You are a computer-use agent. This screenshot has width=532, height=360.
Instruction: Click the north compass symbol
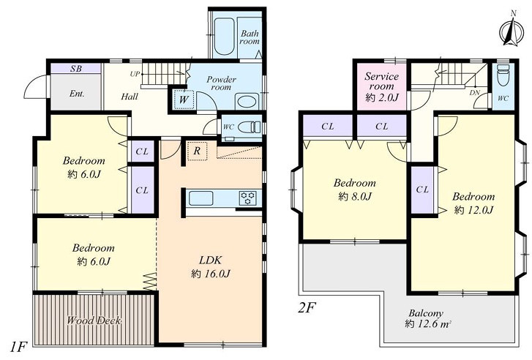512,30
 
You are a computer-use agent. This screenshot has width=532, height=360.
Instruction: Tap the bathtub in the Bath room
224,37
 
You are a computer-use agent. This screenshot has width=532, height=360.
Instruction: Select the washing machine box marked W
184,100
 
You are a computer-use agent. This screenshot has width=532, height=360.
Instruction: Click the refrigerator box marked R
197,151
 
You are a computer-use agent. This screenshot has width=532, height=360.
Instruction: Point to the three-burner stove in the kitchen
248,198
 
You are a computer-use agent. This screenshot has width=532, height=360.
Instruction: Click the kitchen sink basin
201,198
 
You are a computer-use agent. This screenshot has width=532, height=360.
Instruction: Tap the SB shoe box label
76,68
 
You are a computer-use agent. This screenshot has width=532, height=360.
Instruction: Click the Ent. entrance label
77,94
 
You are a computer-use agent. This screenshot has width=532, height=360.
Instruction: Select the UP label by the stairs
135,74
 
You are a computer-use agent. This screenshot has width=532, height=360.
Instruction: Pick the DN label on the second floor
475,92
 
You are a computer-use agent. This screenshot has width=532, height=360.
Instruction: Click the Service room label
381,81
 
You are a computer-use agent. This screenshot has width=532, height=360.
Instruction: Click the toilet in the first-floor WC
249,127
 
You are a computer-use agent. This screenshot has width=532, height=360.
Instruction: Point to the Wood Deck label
94,320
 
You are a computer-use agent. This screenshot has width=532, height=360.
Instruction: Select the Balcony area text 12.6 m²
428,324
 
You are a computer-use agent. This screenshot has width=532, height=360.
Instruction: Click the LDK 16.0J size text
210,274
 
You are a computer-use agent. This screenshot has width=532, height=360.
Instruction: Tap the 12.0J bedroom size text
473,210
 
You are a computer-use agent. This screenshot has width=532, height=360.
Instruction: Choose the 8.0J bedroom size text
355,196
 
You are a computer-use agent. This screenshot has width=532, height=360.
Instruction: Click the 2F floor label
307,308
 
